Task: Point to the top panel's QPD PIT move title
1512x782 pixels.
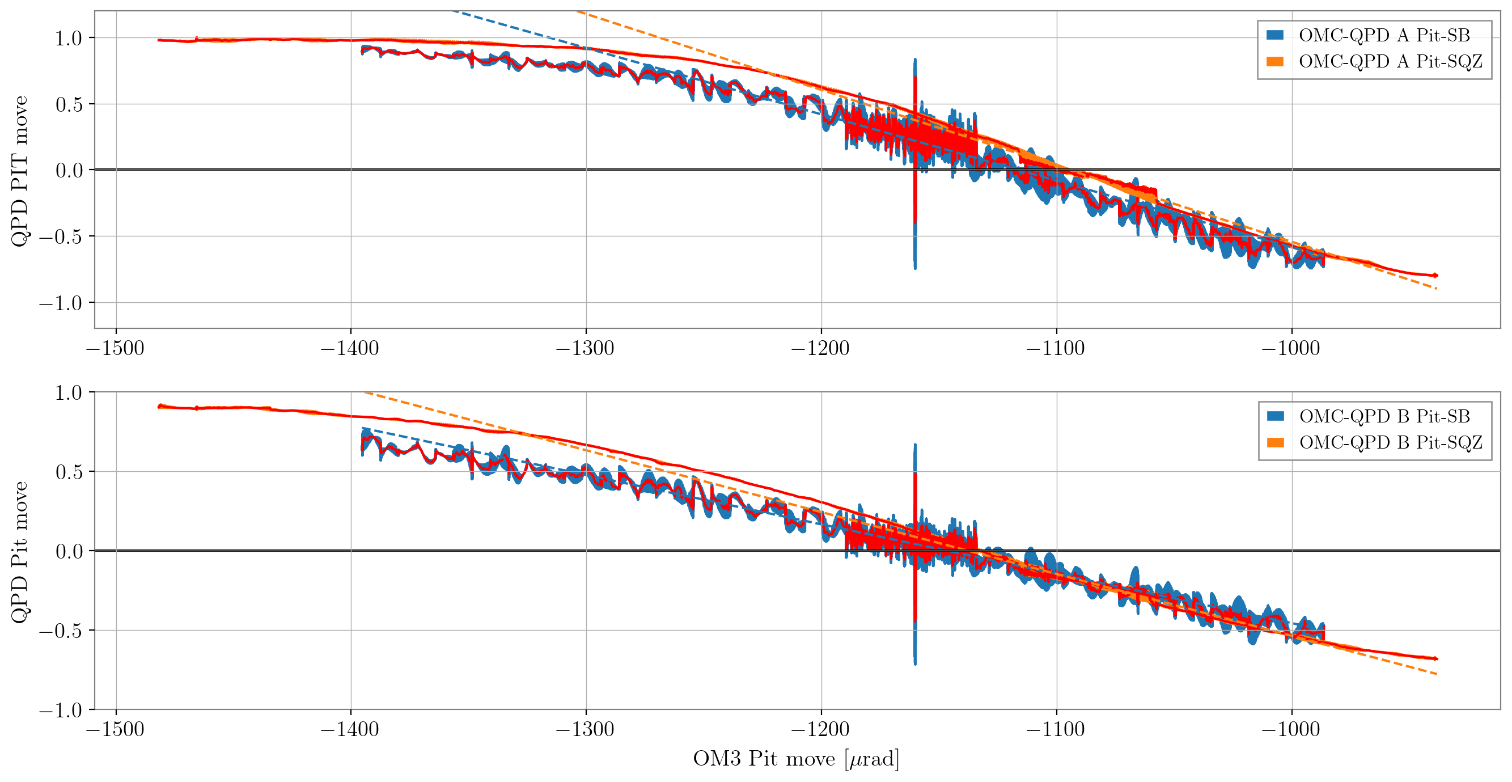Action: click(x=19, y=171)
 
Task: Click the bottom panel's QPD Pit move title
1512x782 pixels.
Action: click(x=19, y=552)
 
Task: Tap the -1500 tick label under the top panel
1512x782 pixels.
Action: click(x=115, y=348)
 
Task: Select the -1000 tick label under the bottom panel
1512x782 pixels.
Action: click(x=1291, y=729)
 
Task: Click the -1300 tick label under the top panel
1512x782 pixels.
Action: click(x=585, y=348)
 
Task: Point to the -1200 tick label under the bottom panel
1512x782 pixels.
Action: click(x=820, y=729)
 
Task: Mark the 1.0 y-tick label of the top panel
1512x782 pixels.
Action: click(x=68, y=38)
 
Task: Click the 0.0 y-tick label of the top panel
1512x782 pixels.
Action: click(x=68, y=171)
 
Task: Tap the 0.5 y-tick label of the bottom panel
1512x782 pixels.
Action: click(x=68, y=472)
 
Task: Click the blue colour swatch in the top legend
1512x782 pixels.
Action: click(x=1275, y=35)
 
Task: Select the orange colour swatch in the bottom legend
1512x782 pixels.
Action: click(x=1276, y=442)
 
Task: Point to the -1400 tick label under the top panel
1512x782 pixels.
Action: click(x=350, y=348)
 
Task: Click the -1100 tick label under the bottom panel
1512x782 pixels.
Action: click(x=1056, y=729)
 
